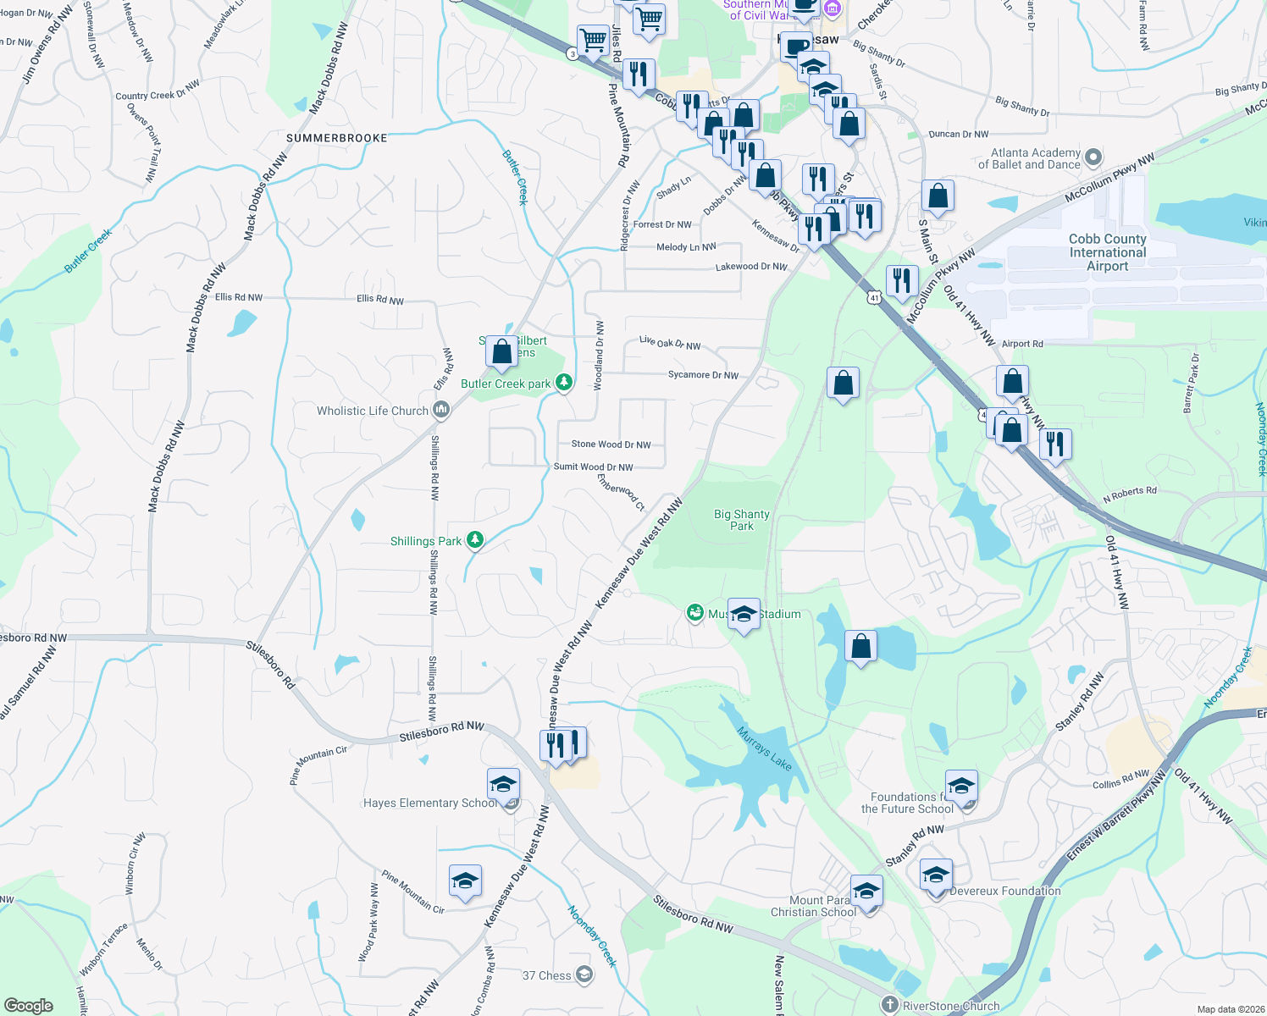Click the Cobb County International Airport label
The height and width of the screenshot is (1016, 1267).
(1107, 252)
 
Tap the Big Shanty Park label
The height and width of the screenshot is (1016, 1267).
(741, 520)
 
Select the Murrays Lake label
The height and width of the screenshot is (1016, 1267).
(764, 748)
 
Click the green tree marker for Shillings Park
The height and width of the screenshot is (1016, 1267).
(475, 540)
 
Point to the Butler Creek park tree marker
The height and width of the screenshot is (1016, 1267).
(563, 383)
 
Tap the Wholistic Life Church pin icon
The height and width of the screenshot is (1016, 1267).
(440, 411)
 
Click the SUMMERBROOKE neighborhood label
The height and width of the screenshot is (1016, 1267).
(336, 138)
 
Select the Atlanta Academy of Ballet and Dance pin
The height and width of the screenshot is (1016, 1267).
(1093, 157)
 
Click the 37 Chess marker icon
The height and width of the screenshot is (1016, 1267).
(584, 975)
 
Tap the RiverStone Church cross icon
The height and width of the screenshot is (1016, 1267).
(889, 1005)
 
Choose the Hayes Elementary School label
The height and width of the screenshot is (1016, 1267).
(429, 803)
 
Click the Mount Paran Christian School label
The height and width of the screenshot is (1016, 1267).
(813, 906)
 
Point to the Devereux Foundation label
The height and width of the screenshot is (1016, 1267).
(1004, 891)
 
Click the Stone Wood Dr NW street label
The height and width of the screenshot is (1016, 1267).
(611, 444)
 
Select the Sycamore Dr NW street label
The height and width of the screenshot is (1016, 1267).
(703, 375)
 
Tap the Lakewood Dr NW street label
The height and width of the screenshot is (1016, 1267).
(751, 267)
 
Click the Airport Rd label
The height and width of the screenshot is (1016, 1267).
(1022, 344)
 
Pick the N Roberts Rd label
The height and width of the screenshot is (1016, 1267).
(1129, 495)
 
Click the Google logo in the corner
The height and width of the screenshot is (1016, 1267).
(28, 1005)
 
